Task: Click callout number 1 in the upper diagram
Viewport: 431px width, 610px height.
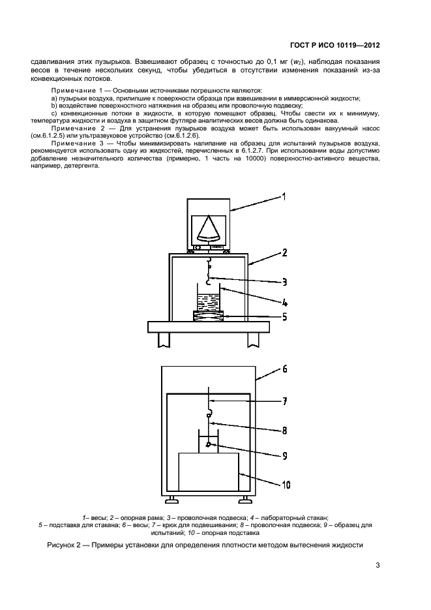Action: coord(284,196)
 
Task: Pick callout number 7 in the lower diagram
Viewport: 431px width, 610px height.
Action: coord(284,402)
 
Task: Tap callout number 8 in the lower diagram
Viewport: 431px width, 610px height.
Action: coord(284,431)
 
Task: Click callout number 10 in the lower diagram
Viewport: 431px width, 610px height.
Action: coord(285,485)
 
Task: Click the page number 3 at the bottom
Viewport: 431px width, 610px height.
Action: coord(378,566)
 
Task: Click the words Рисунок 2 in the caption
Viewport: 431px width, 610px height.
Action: coord(66,545)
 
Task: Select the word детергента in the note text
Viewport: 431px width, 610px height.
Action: coord(82,166)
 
